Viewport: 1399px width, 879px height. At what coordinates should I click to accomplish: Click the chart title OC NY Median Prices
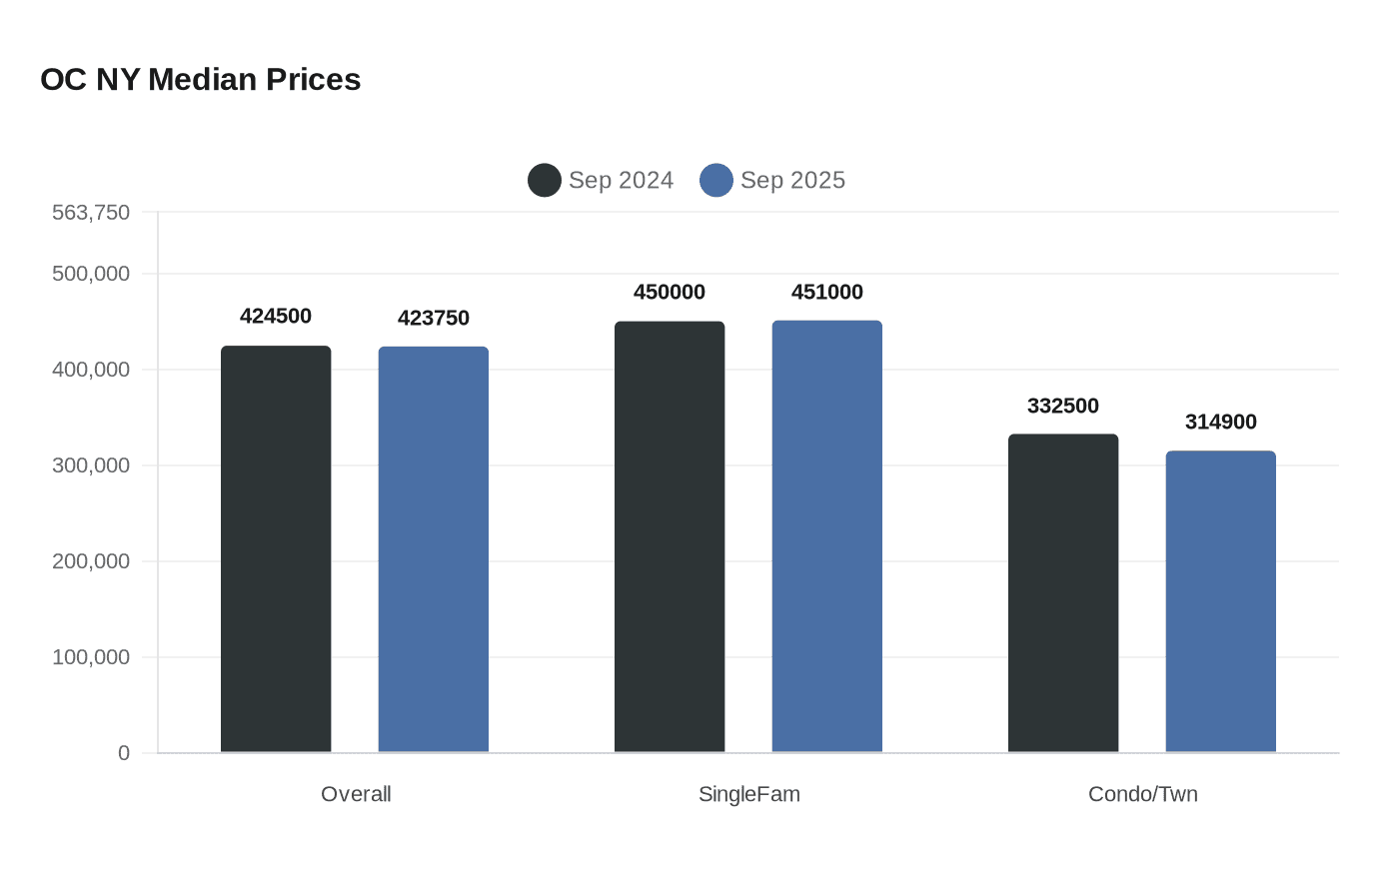pyautogui.click(x=200, y=79)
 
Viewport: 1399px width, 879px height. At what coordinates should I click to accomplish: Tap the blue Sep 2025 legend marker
pyautogui.click(x=716, y=180)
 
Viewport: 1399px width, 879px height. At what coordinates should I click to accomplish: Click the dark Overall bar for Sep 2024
pyautogui.click(x=276, y=549)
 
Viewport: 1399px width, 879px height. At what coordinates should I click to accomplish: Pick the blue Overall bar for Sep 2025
pyautogui.click(x=434, y=549)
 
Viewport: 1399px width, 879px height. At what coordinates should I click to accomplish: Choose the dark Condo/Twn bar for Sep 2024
pyautogui.click(x=1063, y=593)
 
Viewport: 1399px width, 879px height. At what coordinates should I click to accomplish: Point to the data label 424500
pyautogui.click(x=276, y=316)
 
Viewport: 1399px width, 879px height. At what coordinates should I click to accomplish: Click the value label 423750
pyautogui.click(x=434, y=318)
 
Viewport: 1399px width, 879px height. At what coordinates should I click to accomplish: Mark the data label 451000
pyautogui.click(x=827, y=292)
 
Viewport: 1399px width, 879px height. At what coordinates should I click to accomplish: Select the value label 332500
pyautogui.click(x=1063, y=406)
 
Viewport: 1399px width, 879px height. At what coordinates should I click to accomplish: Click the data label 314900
pyautogui.click(x=1221, y=422)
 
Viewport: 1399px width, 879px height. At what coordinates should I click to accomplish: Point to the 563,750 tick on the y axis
pyautogui.click(x=91, y=212)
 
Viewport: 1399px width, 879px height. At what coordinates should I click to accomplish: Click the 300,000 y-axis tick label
pyautogui.click(x=91, y=465)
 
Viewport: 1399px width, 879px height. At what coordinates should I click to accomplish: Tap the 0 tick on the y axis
pyautogui.click(x=124, y=753)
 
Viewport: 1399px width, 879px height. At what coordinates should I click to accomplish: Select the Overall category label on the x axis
pyautogui.click(x=356, y=794)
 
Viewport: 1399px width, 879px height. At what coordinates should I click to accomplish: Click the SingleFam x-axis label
pyautogui.click(x=749, y=794)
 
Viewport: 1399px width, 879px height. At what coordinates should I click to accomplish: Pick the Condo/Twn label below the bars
pyautogui.click(x=1143, y=794)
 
